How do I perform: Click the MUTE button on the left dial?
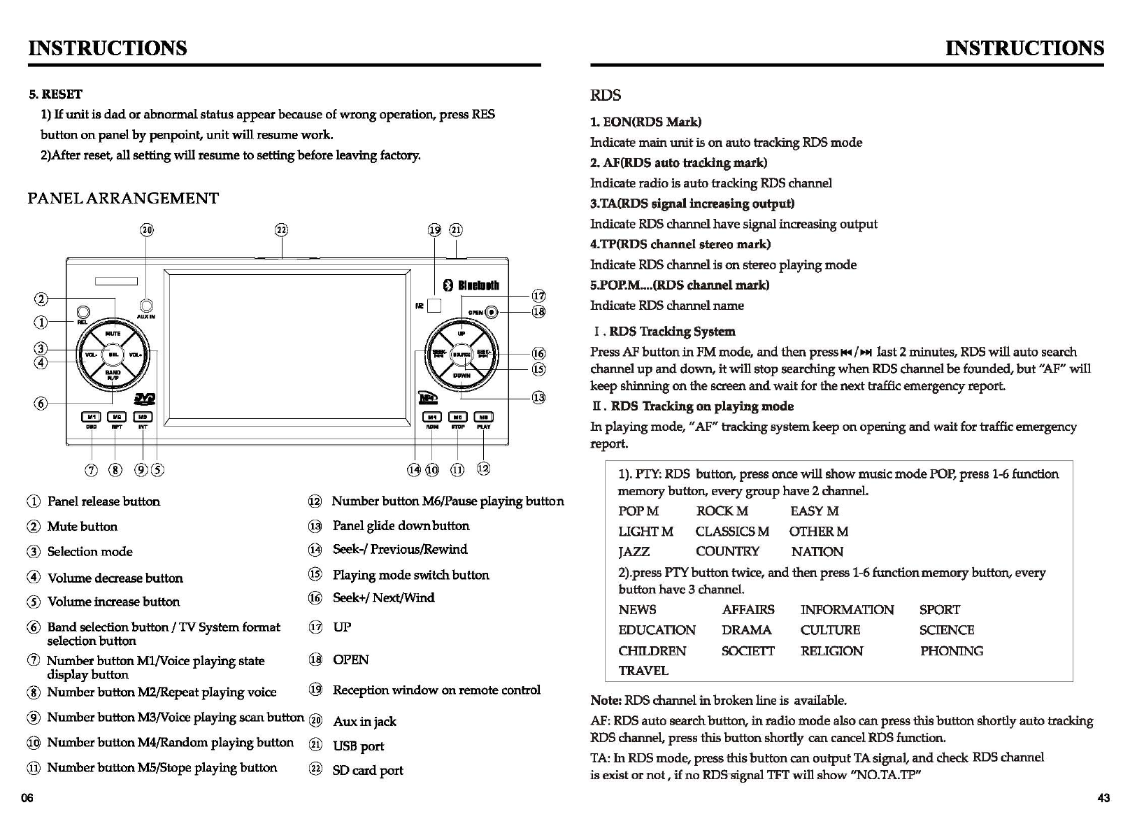[113, 334]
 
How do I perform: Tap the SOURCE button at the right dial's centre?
[461, 355]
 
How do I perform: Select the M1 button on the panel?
[91, 417]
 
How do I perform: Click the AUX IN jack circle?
[146, 306]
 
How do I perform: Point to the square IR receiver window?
[434, 306]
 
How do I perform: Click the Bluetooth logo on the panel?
[472, 285]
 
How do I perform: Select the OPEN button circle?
[492, 312]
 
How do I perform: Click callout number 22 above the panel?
[281, 230]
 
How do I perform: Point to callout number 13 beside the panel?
[538, 398]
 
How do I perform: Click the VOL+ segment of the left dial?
[136, 355]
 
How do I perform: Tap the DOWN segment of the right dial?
[462, 376]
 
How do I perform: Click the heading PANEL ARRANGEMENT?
[123, 199]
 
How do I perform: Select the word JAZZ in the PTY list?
[634, 552]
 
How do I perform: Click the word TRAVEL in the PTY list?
[643, 671]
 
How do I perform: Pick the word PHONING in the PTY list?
[951, 651]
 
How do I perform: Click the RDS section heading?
[605, 96]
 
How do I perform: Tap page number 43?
[1103, 799]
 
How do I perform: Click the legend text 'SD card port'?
[368, 771]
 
